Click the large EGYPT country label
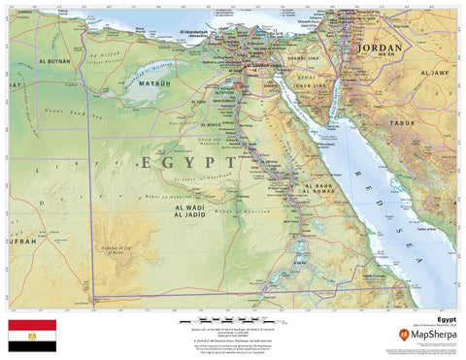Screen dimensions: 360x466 [x=188, y=162]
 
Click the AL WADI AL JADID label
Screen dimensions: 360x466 [x=191, y=212]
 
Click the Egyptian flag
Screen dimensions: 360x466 [x=32, y=336]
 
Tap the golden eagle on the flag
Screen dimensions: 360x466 [x=32, y=336]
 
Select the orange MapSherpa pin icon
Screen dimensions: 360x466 [x=403, y=335]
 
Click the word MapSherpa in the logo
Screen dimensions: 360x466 [x=433, y=336]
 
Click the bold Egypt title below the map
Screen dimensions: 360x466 [x=446, y=317]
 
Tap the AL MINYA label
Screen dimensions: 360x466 [x=210, y=125]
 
